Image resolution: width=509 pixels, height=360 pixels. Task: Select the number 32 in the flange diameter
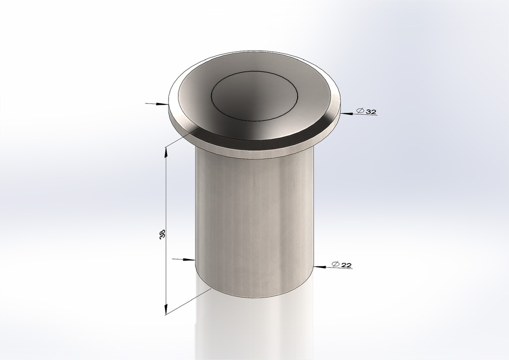click(371, 112)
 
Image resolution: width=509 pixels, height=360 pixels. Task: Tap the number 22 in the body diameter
click(346, 265)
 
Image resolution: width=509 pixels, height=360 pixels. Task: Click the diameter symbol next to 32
click(360, 111)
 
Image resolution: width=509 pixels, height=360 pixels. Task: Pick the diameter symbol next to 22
click(336, 265)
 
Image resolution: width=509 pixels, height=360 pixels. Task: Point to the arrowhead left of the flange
click(164, 104)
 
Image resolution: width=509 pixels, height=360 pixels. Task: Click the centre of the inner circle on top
click(254, 94)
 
